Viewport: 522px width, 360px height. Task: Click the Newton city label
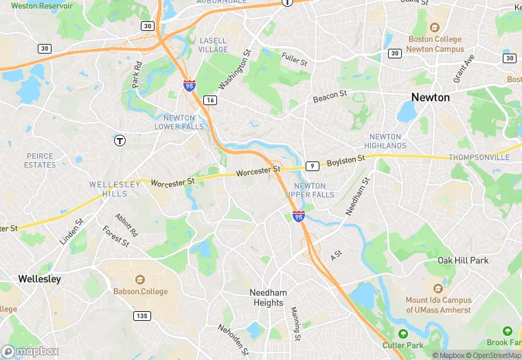pyautogui.click(x=430, y=98)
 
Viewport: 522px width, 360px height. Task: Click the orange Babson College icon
pyautogui.click(x=140, y=280)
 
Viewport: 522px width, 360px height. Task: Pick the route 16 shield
pyautogui.click(x=210, y=100)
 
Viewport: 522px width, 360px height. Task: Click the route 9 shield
pyautogui.click(x=313, y=166)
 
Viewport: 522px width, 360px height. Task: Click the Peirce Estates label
pyautogui.click(x=40, y=161)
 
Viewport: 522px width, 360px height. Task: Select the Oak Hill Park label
pyautogui.click(x=463, y=260)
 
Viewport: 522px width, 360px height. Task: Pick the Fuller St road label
pyautogui.click(x=294, y=60)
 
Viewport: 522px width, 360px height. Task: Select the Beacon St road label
pyautogui.click(x=330, y=98)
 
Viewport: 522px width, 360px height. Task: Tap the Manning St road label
pyautogui.click(x=295, y=324)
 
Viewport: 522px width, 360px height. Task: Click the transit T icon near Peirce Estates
pyautogui.click(x=120, y=140)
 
